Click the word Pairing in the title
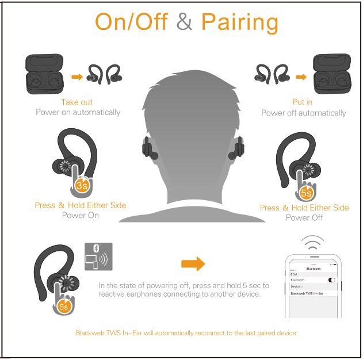click(x=240, y=22)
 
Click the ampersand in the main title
click(x=184, y=21)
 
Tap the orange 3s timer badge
click(x=82, y=186)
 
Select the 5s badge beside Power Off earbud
click(x=306, y=193)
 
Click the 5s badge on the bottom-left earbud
click(x=64, y=307)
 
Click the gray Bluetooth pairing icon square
click(x=98, y=256)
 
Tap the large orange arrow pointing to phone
click(x=193, y=264)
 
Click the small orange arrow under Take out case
click(x=77, y=77)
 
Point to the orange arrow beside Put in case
click(x=301, y=77)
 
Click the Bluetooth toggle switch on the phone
click(x=332, y=280)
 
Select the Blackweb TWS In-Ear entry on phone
click(x=307, y=293)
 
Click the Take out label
click(x=77, y=102)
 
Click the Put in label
click(x=303, y=102)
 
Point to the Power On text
click(x=81, y=216)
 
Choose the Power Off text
click(x=304, y=218)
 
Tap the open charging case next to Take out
click(x=44, y=74)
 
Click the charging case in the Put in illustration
click(x=332, y=74)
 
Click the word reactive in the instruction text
click(x=113, y=294)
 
